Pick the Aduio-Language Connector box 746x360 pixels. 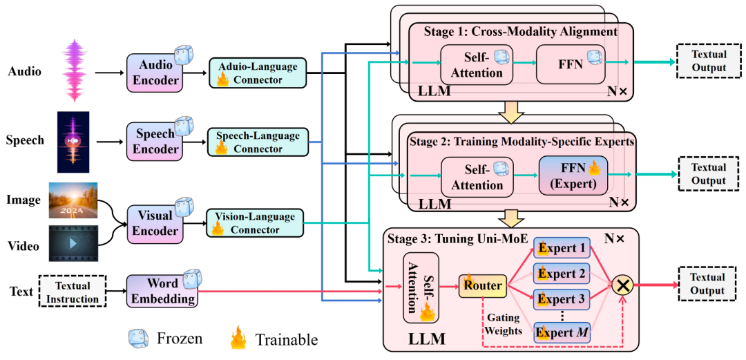(257, 73)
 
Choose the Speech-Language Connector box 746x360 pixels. (258, 142)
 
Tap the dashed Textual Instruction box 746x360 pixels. (73, 292)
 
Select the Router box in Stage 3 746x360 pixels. (482, 284)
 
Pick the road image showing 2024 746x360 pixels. (73, 200)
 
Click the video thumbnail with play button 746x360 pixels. (73, 245)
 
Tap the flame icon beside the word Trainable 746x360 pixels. (239, 339)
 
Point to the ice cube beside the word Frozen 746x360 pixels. (140, 339)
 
